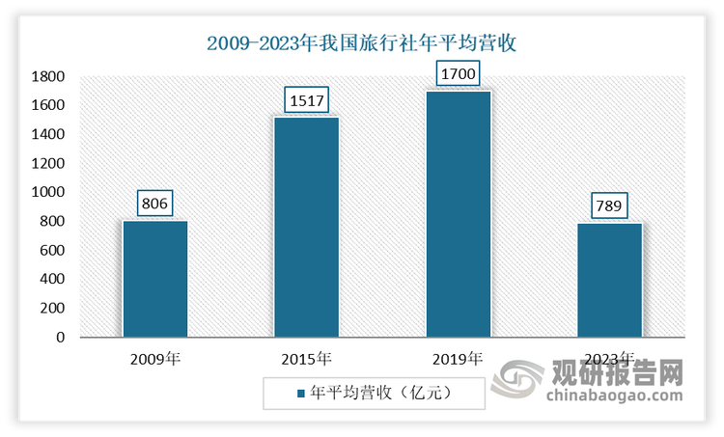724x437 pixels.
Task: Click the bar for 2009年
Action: pyautogui.click(x=155, y=279)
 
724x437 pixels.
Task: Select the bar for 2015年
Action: pyautogui.click(x=307, y=227)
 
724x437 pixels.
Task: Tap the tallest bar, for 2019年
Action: pyautogui.click(x=459, y=214)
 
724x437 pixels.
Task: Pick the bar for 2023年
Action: pyautogui.click(x=609, y=280)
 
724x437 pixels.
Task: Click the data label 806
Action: pyautogui.click(x=154, y=203)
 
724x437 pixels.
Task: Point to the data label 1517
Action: pyautogui.click(x=307, y=100)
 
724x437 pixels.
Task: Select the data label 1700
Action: pyautogui.click(x=458, y=73)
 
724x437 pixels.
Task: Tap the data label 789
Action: pyautogui.click(x=609, y=205)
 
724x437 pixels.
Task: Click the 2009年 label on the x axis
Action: pyautogui.click(x=155, y=359)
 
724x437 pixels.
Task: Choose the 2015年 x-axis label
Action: pyautogui.click(x=307, y=359)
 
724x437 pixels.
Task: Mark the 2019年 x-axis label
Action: pyautogui.click(x=458, y=359)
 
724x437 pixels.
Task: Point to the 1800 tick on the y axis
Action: pyautogui.click(x=48, y=76)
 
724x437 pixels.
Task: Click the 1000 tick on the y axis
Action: pyautogui.click(x=48, y=192)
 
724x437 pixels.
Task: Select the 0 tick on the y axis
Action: pyautogui.click(x=61, y=338)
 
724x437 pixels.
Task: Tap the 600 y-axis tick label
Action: pyautogui.click(x=52, y=250)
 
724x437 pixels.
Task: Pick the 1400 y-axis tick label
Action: pyautogui.click(x=48, y=134)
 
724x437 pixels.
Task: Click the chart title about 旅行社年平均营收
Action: pyautogui.click(x=361, y=43)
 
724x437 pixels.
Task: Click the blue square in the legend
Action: pyautogui.click(x=301, y=394)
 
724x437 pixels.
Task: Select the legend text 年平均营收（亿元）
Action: pyautogui.click(x=381, y=393)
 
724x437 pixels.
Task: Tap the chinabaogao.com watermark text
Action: pyautogui.click(x=615, y=396)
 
